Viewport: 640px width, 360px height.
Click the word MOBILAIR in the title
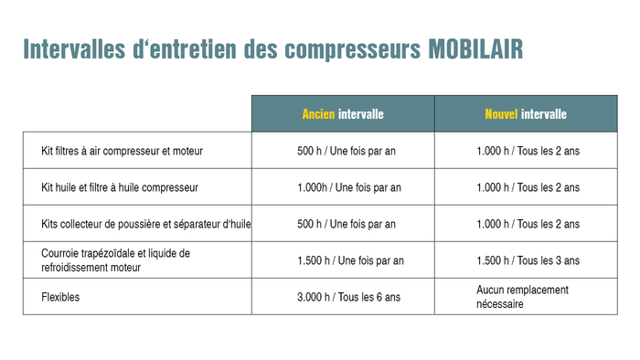tap(475, 49)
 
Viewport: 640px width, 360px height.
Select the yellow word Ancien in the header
tap(319, 114)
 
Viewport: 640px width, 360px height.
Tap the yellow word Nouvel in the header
tap(501, 114)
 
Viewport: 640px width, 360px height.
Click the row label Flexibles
tap(62, 297)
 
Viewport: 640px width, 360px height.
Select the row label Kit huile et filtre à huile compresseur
tap(120, 187)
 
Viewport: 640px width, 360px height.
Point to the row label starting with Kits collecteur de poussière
tap(146, 224)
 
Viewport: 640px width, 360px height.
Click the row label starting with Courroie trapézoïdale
tap(115, 259)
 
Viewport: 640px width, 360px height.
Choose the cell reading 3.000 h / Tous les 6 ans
tap(348, 297)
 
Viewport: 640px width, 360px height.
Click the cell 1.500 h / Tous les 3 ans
tap(528, 260)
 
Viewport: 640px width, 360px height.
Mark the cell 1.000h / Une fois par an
tap(349, 187)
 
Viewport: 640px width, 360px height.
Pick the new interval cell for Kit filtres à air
tap(528, 151)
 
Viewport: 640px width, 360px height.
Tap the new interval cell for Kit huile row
tap(528, 187)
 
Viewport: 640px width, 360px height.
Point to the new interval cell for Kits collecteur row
tap(528, 224)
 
